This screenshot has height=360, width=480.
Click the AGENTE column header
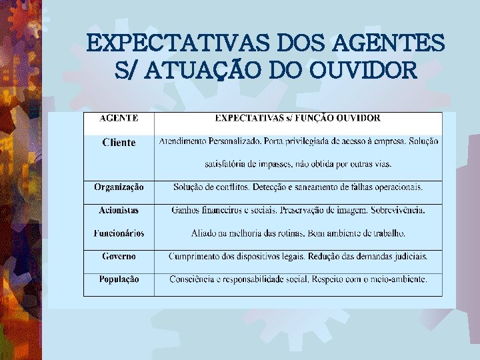119,118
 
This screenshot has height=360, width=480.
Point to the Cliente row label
119,142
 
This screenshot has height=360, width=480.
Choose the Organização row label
119,187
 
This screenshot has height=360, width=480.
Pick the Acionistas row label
119,210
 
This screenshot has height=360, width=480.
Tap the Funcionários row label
119,233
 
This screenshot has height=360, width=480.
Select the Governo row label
119,256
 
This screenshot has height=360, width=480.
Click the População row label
119,279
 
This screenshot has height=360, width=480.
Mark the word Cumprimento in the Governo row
197,256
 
